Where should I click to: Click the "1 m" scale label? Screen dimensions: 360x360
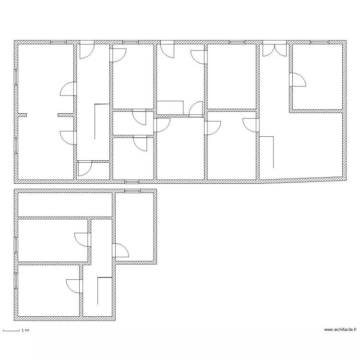point(25,330)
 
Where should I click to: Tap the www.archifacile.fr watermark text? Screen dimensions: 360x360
point(341,329)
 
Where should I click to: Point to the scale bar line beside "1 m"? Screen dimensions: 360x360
point(11,330)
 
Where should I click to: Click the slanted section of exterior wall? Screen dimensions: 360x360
point(302,179)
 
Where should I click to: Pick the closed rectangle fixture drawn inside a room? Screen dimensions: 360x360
point(170,108)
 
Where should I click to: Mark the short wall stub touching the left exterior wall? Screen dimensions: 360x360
point(22,115)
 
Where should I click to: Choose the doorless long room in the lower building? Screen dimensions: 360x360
point(65,205)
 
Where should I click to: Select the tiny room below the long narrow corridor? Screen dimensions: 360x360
point(94,171)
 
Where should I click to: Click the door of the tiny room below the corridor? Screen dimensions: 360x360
point(85,168)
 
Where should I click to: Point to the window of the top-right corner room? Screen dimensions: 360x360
point(317,42)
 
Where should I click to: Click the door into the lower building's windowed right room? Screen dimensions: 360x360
point(121,251)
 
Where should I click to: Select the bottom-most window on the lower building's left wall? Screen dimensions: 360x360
point(16,280)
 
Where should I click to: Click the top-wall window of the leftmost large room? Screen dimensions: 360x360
point(59,42)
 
